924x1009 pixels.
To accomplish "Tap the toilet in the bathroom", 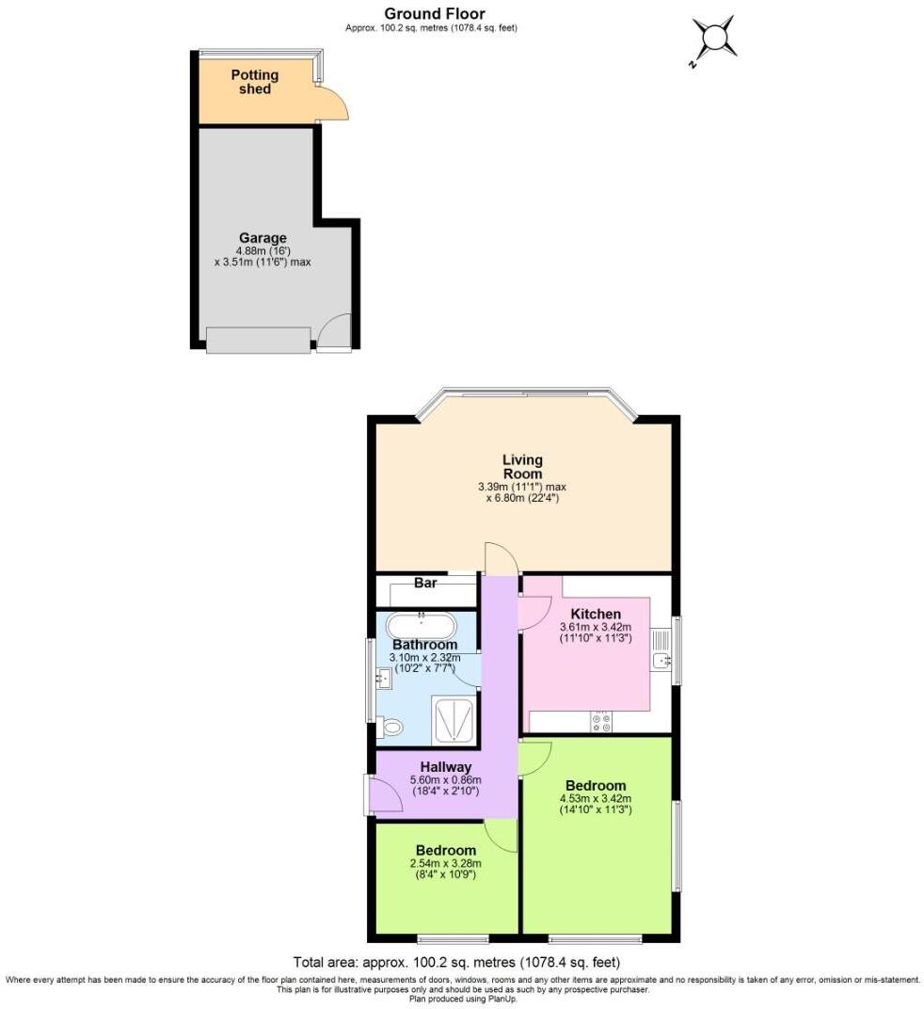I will pos(391,726).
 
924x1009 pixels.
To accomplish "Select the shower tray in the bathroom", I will pos(454,721).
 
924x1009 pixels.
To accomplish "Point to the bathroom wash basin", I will pos(383,676).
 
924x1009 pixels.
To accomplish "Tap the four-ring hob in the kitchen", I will pos(600,722).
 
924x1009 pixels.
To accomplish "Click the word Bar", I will pos(425,583).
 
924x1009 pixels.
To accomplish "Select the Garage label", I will pos(263,238).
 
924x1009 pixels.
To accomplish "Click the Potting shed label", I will pos(255,82).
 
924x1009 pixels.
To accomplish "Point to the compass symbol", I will pos(715,38).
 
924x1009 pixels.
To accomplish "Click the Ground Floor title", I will pos(435,13).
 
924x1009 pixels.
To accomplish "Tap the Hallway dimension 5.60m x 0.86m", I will pos(445,780).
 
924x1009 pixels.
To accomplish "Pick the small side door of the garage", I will pos(334,332).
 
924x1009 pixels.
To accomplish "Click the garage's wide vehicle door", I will pos(258,340).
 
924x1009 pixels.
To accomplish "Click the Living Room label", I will pos(522,466).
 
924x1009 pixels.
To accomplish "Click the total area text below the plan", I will pos(456,962).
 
